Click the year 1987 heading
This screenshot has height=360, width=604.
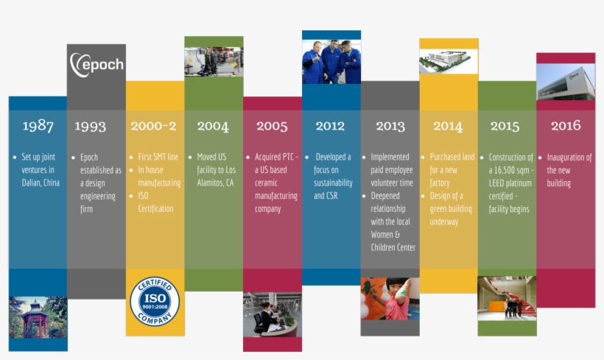(38, 126)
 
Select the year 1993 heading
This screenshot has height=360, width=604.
(91, 126)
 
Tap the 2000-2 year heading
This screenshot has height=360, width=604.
(153, 126)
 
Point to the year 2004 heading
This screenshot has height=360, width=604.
(213, 126)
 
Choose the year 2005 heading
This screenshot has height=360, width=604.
(272, 126)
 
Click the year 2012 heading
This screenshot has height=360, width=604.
(330, 126)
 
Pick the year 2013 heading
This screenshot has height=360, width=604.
(390, 126)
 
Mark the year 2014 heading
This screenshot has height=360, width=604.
(448, 126)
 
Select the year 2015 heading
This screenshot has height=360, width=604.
(505, 126)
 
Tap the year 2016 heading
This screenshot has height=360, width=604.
(566, 125)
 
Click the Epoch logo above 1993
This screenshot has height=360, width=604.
(96, 65)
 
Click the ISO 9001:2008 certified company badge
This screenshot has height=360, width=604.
(155, 301)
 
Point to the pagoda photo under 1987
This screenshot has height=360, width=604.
(38, 317)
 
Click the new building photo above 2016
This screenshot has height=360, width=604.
(566, 82)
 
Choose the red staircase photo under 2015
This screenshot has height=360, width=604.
(507, 298)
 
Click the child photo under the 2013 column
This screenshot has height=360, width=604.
(390, 299)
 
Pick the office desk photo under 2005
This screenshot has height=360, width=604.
(273, 314)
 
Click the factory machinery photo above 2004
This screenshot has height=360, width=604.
(214, 62)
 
